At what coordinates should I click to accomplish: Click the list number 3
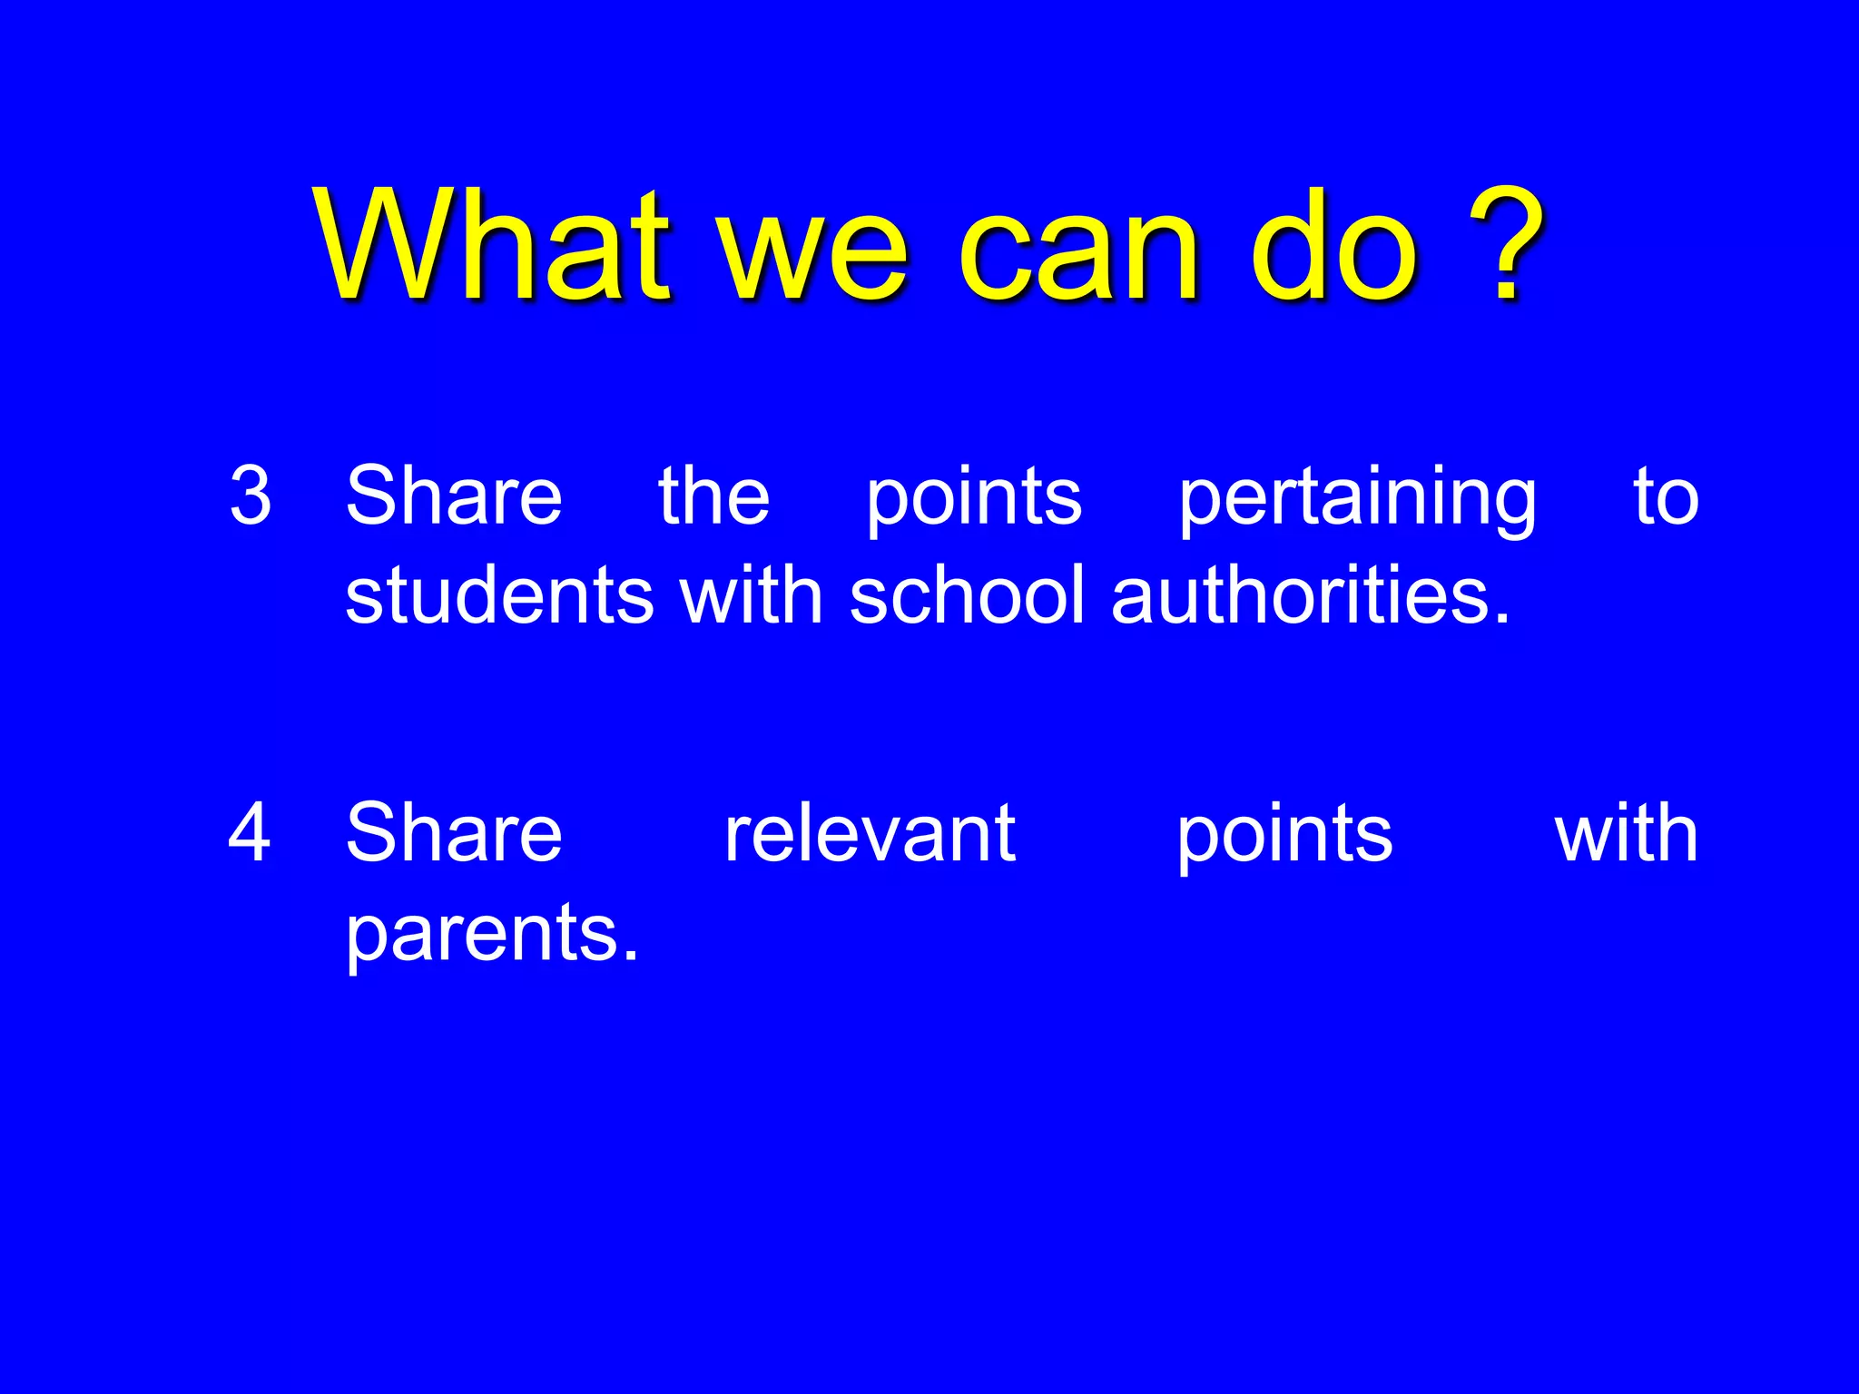click(251, 496)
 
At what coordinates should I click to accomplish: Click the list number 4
click(250, 832)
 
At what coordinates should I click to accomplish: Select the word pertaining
click(1357, 499)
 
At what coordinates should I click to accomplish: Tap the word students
click(499, 595)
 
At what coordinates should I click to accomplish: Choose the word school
click(967, 595)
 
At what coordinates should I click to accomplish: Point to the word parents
click(492, 935)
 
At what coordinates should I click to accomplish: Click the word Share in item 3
click(454, 496)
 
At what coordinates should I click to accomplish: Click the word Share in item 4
click(454, 832)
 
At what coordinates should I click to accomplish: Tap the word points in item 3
click(973, 499)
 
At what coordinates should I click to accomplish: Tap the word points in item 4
click(1284, 836)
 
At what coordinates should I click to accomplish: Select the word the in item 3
click(713, 496)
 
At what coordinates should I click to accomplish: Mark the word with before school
click(752, 595)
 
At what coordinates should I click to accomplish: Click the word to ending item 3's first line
click(1666, 497)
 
